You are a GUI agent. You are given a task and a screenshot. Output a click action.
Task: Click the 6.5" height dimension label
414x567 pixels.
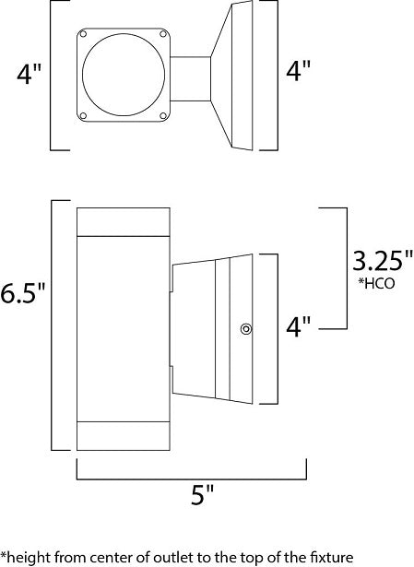[x=23, y=292]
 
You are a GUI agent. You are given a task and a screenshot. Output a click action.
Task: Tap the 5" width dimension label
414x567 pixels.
[x=203, y=494]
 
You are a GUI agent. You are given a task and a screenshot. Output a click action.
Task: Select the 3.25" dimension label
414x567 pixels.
[x=383, y=260]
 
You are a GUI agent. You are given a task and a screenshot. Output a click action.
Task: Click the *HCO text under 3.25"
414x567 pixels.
[x=376, y=283]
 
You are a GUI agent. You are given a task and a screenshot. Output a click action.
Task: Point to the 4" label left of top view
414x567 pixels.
[x=30, y=74]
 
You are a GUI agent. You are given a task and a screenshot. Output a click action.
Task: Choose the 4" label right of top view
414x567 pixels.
[x=299, y=70]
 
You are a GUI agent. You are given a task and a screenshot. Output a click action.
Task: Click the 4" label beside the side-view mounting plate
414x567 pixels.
[x=299, y=326]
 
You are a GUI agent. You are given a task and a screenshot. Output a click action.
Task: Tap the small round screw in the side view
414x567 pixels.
[x=246, y=329]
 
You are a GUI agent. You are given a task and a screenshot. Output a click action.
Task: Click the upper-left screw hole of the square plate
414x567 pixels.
[x=83, y=34]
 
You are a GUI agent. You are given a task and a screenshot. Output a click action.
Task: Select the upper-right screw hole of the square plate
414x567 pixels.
[x=163, y=34]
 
